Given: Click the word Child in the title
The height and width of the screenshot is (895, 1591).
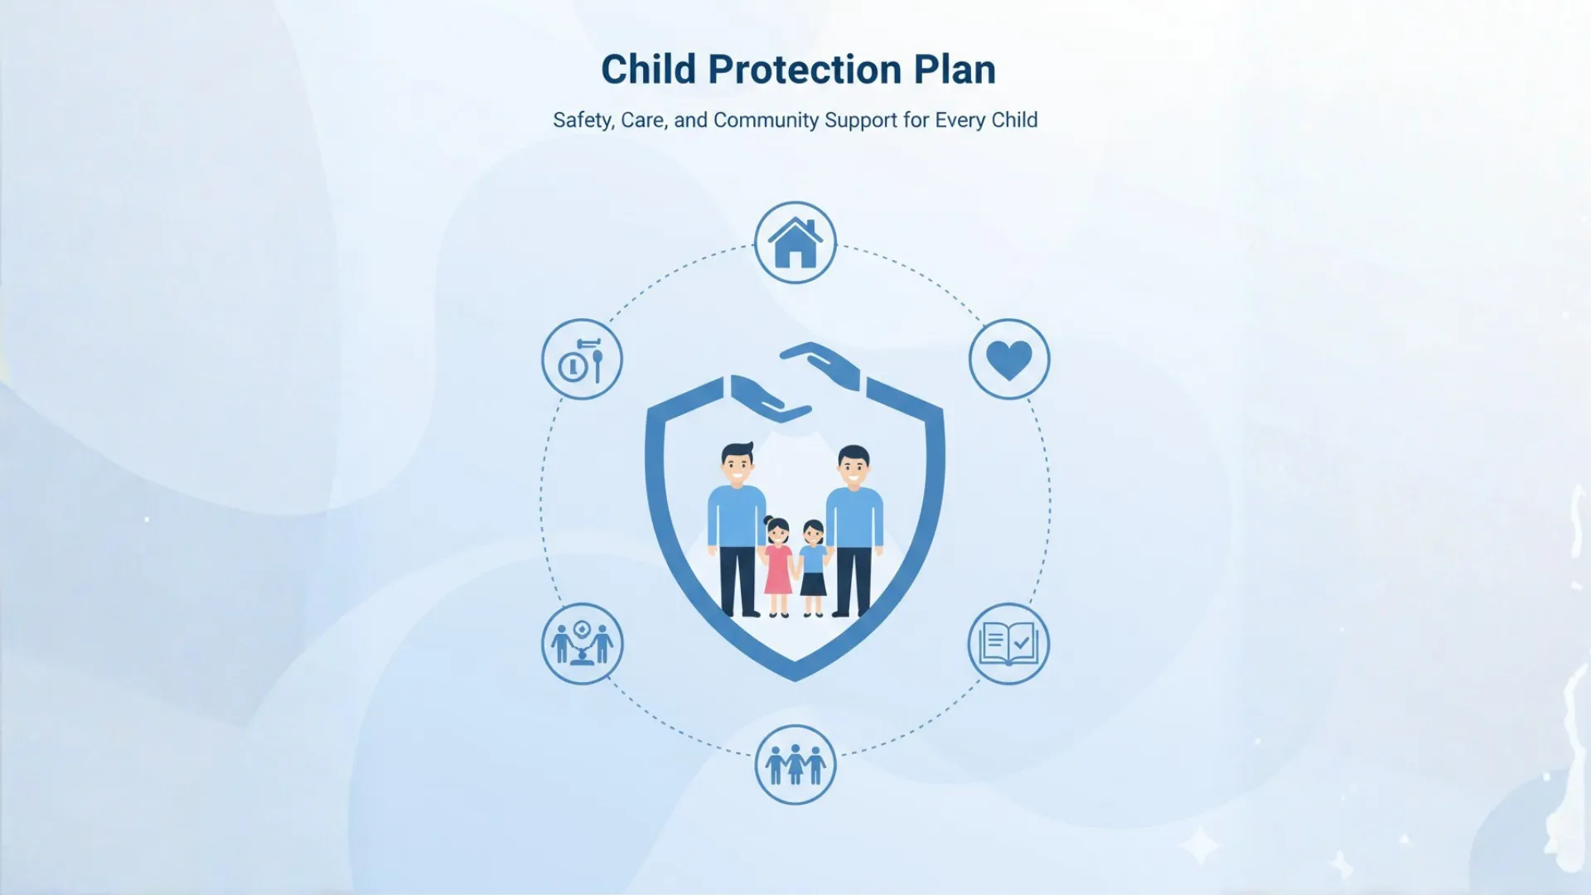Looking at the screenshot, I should tap(648, 70).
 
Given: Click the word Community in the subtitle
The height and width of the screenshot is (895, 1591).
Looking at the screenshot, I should tap(766, 120).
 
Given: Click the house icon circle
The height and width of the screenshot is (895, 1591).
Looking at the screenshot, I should tap(795, 243).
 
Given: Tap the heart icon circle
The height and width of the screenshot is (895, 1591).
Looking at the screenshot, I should tap(1008, 360).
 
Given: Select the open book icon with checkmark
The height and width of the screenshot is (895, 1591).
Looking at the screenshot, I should tap(1008, 644).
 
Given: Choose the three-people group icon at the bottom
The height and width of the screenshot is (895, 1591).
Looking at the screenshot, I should tap(795, 764).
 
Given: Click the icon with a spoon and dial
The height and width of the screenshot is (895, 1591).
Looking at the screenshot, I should tap(582, 360).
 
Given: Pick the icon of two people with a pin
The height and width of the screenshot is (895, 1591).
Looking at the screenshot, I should tap(582, 644).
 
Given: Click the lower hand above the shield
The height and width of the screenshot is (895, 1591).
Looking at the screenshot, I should tap(767, 399).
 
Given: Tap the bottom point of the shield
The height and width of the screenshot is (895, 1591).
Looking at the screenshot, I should tap(795, 675).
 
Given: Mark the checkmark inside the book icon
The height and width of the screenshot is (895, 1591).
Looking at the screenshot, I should tap(1022, 641).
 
